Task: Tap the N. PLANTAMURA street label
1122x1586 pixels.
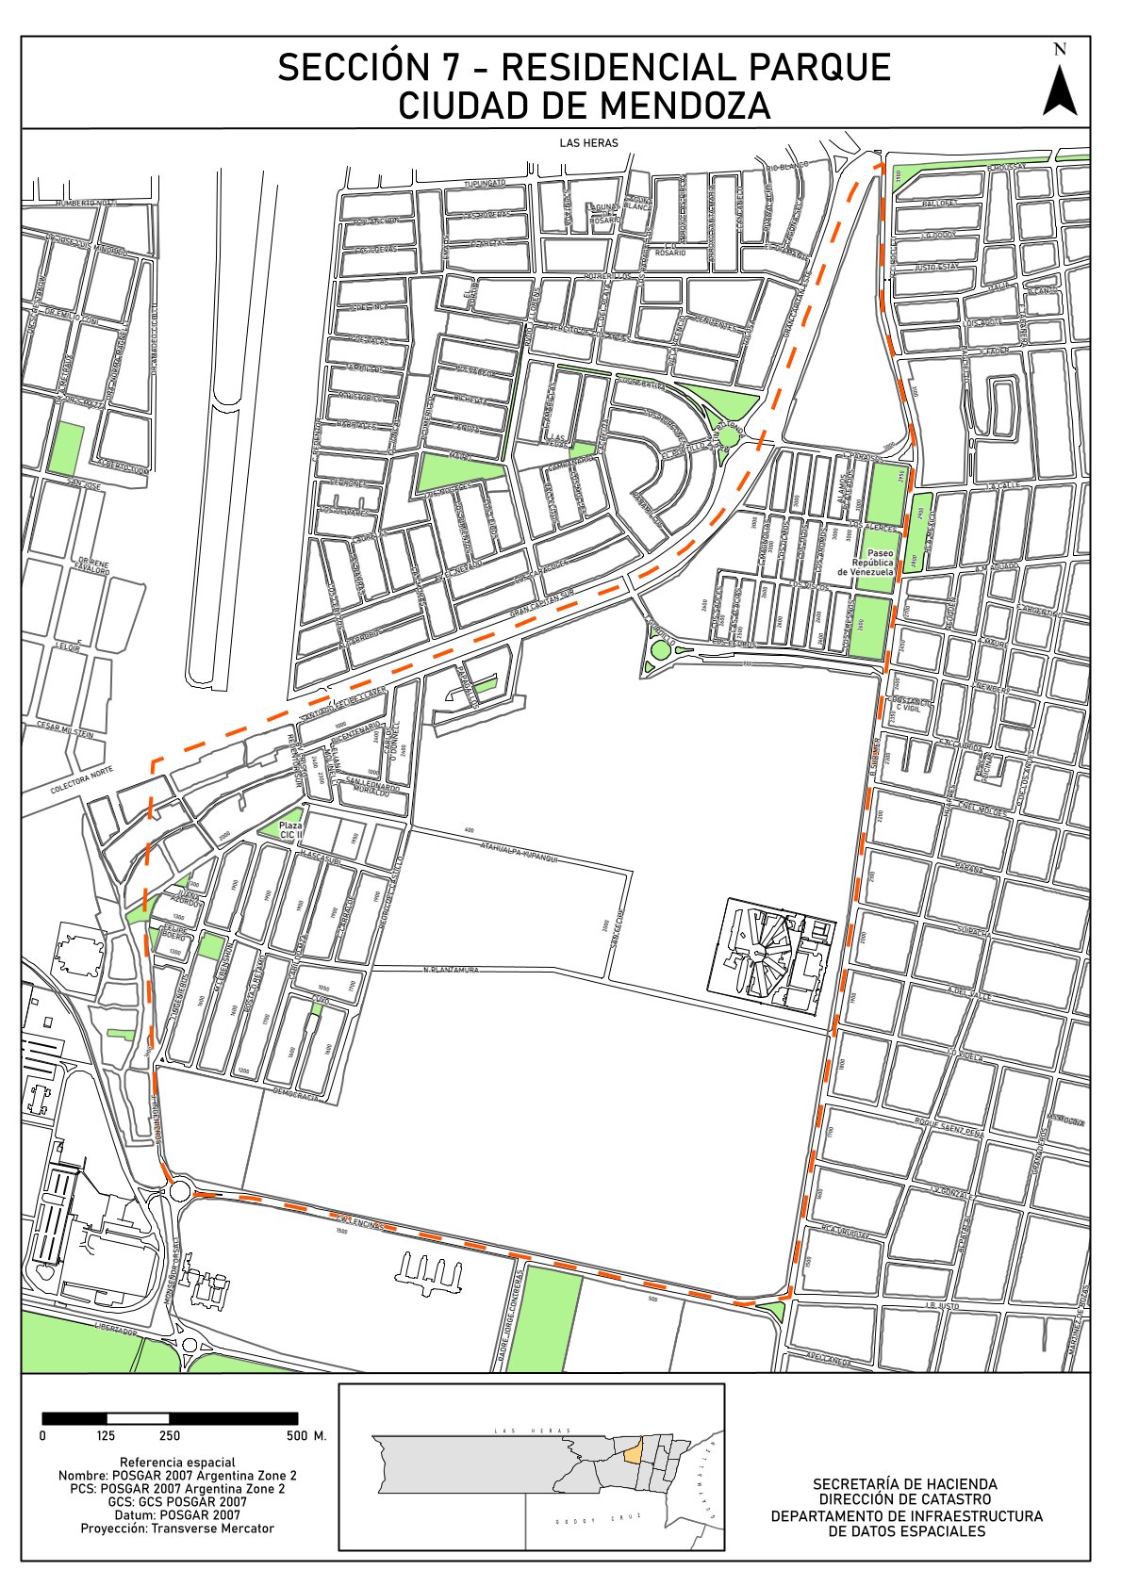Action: [x=452, y=970]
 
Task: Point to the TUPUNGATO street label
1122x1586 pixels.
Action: [x=485, y=182]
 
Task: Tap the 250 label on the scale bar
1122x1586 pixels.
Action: [x=170, y=1436]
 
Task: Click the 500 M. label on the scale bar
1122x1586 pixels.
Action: [x=306, y=1436]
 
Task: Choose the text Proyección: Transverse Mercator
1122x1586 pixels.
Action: [x=177, y=1529]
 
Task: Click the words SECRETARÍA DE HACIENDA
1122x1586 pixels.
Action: [x=905, y=1484]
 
